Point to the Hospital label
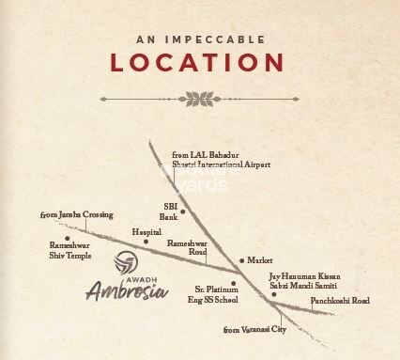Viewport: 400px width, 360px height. (146, 230)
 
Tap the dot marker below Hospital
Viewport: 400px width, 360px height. (146, 242)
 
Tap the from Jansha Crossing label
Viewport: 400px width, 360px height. (76, 215)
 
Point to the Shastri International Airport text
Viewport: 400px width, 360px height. (222, 164)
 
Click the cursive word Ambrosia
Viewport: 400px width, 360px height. (127, 290)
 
